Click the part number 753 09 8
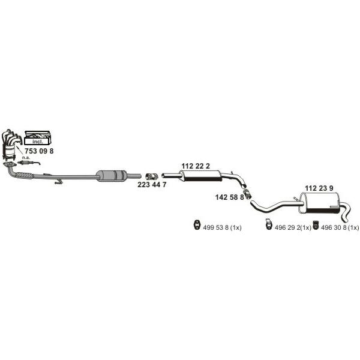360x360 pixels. coord(39,151)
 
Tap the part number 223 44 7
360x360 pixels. coord(152,184)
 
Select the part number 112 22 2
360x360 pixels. coord(196,166)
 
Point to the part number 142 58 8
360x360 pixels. coord(229,197)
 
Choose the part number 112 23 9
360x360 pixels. coord(319,188)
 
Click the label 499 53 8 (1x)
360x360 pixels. coord(222,227)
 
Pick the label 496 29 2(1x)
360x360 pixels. coord(293,227)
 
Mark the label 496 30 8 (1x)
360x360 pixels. coord(340,227)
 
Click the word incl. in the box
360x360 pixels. coord(37,142)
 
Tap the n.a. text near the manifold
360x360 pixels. coord(26,157)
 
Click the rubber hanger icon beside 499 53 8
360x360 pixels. coord(197,224)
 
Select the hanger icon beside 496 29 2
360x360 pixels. coord(268,224)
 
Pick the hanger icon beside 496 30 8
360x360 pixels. coord(316,225)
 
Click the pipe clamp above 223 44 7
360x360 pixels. coord(152,176)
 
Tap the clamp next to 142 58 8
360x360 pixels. coord(247,194)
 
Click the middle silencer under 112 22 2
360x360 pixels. coord(200,176)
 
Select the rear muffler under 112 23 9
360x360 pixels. coord(319,203)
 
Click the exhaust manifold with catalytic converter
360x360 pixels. coord(10,145)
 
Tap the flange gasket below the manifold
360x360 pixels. coord(10,164)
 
